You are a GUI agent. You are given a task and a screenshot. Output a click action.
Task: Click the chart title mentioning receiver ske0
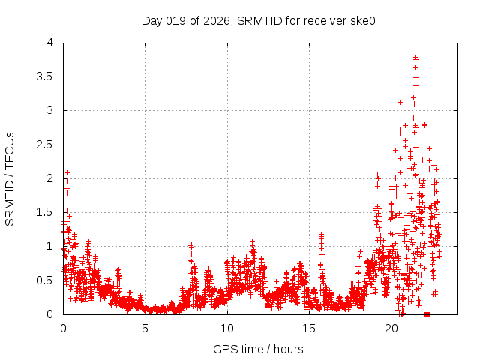(x=259, y=20)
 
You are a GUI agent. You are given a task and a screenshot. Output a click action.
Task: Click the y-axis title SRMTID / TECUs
(x=10, y=178)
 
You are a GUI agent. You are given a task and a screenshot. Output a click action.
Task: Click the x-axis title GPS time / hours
(x=259, y=349)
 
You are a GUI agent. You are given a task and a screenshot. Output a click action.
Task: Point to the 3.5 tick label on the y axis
(x=48, y=76)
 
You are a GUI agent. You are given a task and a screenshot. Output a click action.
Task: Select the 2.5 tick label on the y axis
(x=48, y=145)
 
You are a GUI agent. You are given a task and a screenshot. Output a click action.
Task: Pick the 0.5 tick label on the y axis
(x=48, y=280)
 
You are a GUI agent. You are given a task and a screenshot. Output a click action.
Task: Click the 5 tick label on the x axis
(x=145, y=328)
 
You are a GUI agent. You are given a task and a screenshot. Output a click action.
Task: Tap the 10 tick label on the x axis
(x=226, y=328)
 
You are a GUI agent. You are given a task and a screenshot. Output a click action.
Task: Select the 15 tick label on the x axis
(x=308, y=328)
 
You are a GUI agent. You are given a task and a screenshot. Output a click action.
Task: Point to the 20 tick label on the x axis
(x=390, y=328)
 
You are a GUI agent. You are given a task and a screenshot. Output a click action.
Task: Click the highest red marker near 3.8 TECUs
(x=415, y=57)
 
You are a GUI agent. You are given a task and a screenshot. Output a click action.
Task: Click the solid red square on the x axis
(x=427, y=314)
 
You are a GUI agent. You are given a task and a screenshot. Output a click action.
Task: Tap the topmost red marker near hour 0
(x=67, y=172)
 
